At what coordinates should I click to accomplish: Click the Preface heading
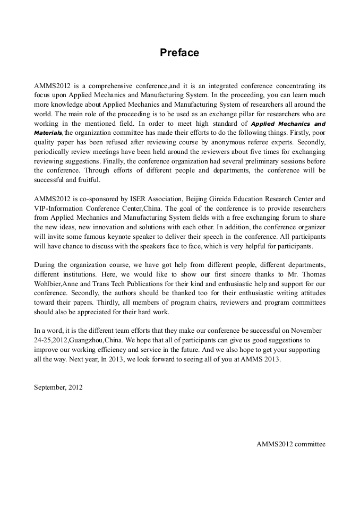[179, 53]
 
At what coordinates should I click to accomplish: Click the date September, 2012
[58, 387]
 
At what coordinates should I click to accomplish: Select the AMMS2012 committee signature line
[291, 444]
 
